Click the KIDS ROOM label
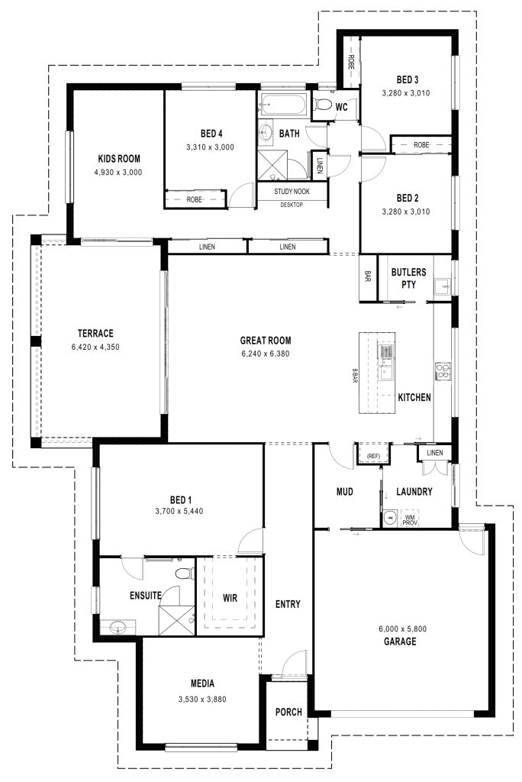[x=118, y=159]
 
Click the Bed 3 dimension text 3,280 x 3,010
[x=406, y=92]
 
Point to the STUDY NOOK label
[x=292, y=192]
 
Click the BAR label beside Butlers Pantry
[x=368, y=276]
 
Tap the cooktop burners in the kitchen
[x=443, y=370]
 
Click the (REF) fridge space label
[x=373, y=457]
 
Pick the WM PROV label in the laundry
[x=410, y=520]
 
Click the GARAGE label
[x=400, y=641]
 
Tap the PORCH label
[x=288, y=713]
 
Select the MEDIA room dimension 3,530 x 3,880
[x=202, y=700]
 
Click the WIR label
[x=230, y=597]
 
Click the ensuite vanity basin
[x=118, y=628]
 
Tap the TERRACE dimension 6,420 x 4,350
[x=95, y=347]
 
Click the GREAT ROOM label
[x=266, y=341]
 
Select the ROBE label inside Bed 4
[x=194, y=199]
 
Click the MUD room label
[x=344, y=492]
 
